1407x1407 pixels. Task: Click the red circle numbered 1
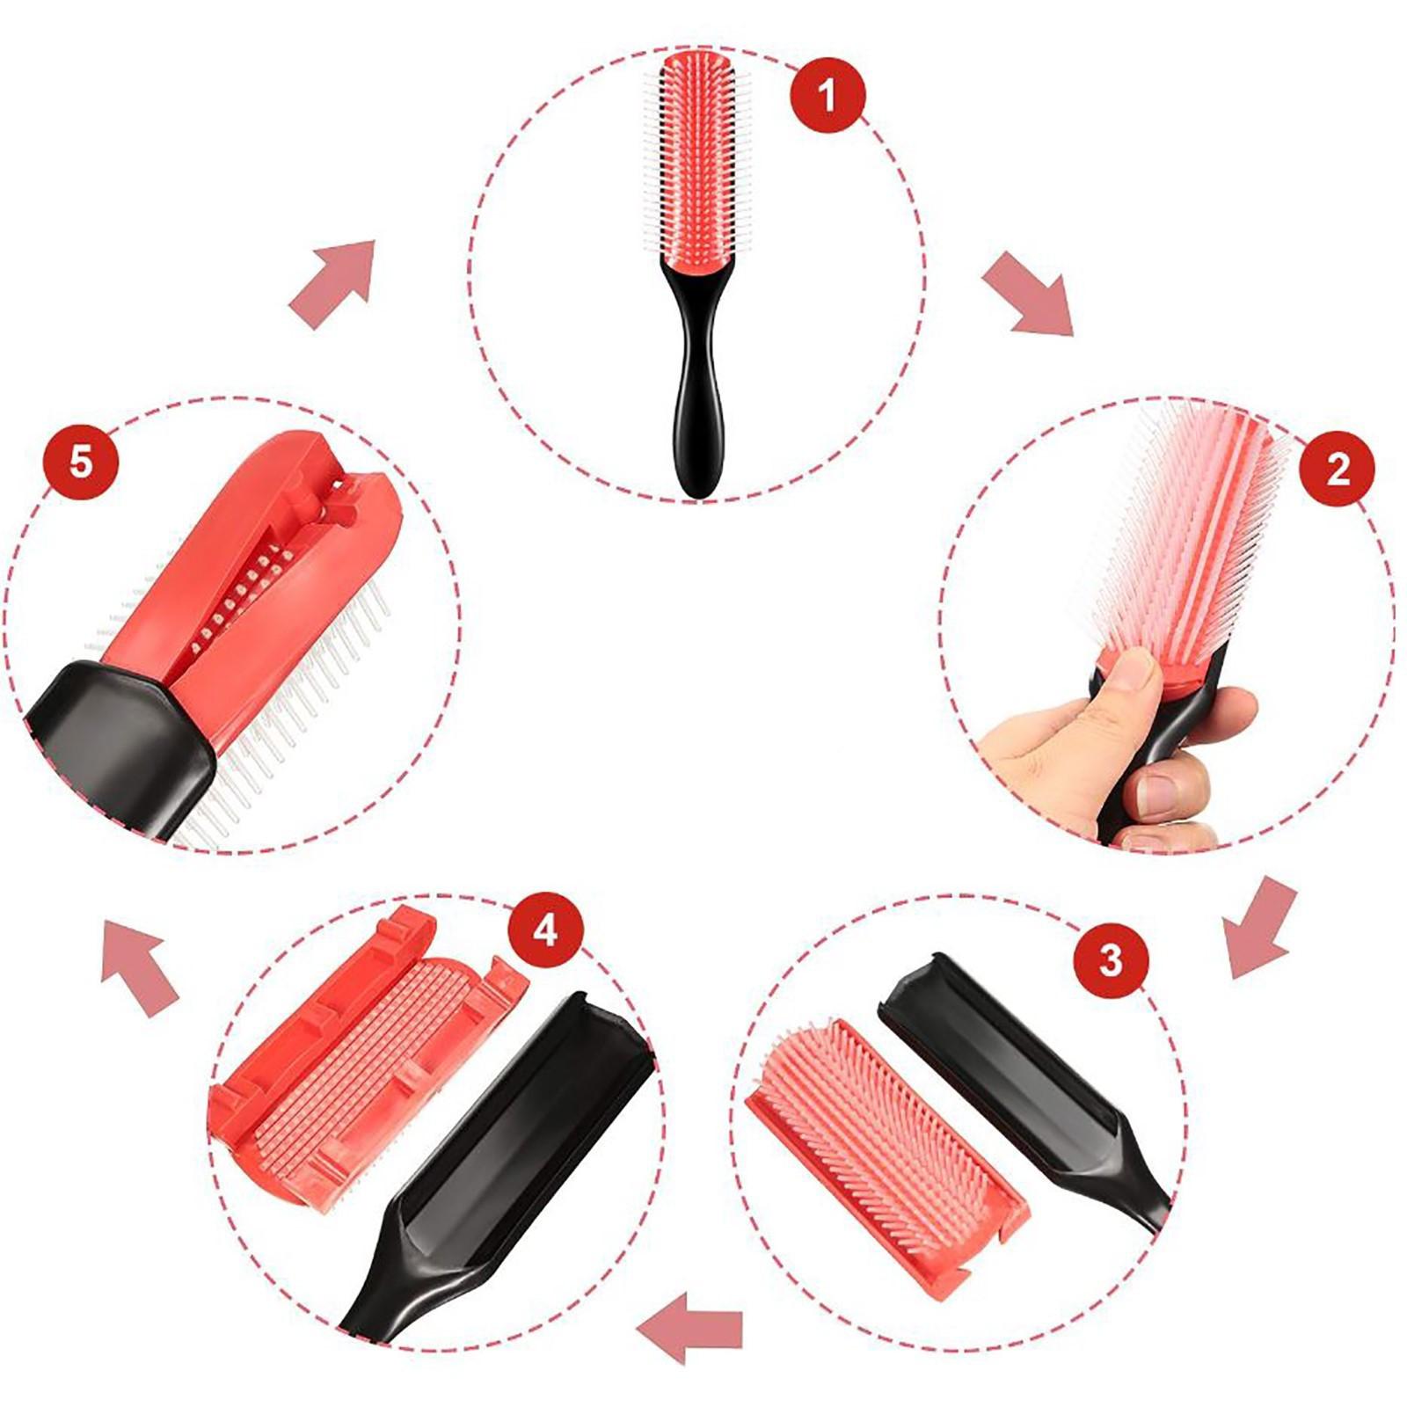coord(827,94)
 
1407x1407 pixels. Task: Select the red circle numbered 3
coord(1111,959)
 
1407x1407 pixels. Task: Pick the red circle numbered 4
coord(545,930)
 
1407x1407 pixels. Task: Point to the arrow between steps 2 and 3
coord(1260,928)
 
